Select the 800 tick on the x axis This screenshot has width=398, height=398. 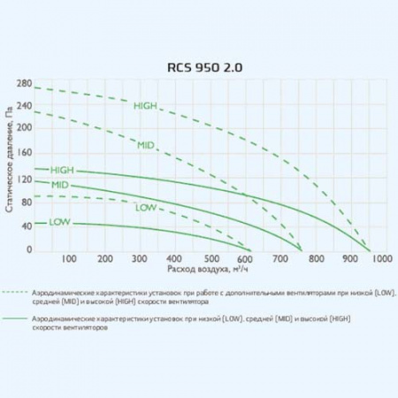pos(311,260)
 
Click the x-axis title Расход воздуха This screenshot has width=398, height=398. pos(194,267)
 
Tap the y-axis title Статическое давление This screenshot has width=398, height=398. pos(11,168)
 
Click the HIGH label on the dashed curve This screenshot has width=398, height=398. pos(144,105)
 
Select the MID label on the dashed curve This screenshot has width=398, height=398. pos(147,143)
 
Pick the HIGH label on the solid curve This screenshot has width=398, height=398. pos(62,171)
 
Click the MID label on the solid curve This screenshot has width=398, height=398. pos(60,185)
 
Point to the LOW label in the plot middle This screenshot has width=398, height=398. pos(145,209)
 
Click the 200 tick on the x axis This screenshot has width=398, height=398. pos(103,260)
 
